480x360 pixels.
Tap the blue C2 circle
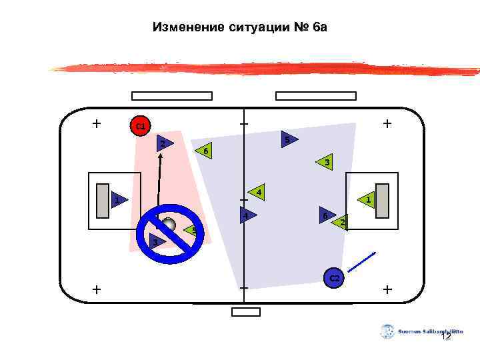[334, 278]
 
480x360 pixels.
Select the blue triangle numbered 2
[160, 143]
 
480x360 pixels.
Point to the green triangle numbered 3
[325, 162]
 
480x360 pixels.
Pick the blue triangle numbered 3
[156, 241]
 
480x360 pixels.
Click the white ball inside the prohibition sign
[169, 224]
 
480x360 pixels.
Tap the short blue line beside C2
[362, 261]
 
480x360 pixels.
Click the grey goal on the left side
[102, 201]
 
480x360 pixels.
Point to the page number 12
[446, 337]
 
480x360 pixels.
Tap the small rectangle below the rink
[246, 311]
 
